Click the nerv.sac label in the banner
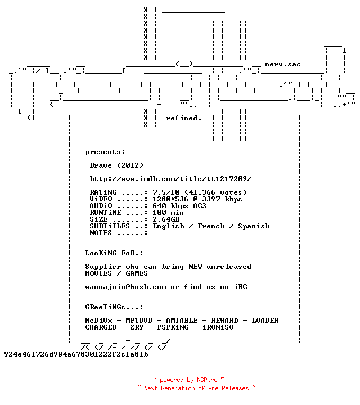(283, 64)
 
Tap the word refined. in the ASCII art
(183, 118)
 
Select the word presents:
(105, 152)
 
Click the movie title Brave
(101, 165)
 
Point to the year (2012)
(130, 165)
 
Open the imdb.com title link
(170, 179)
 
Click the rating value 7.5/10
(166, 192)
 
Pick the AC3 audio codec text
(200, 206)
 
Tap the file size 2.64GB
(166, 219)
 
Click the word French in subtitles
(211, 226)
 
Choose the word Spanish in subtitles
(254, 226)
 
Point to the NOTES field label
(101, 233)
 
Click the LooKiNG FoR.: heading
(114, 253)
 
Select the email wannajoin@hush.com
(126, 287)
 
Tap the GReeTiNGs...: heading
(114, 307)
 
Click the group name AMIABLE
(182, 321)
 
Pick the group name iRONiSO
(218, 327)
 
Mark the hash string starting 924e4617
(76, 354)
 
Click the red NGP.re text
(207, 380)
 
